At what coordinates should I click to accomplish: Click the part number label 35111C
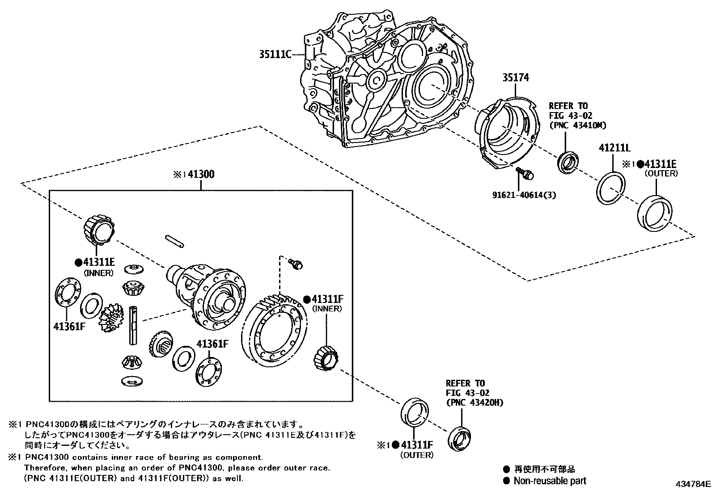click(x=275, y=55)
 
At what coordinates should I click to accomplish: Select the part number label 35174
click(x=515, y=78)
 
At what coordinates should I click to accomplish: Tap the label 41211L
click(x=614, y=148)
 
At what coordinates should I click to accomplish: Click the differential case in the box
click(x=208, y=293)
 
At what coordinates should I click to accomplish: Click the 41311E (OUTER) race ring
click(x=655, y=214)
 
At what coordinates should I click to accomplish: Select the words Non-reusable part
click(x=550, y=481)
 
